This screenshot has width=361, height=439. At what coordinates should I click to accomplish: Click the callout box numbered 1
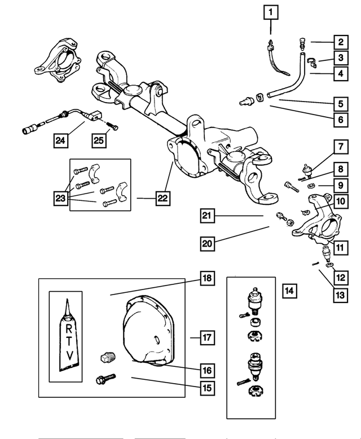(271, 12)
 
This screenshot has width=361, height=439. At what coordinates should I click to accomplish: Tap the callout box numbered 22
(163, 198)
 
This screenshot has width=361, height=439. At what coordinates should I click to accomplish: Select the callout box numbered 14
(289, 291)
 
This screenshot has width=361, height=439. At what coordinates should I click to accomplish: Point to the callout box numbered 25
(99, 141)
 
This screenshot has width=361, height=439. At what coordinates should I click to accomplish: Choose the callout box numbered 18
(208, 278)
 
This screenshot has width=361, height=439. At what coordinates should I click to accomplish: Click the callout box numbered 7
(341, 147)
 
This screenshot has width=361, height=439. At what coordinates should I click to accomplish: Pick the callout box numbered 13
(340, 295)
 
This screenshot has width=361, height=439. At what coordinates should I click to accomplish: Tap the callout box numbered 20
(208, 243)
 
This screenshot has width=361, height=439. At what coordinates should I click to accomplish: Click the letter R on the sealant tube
(69, 328)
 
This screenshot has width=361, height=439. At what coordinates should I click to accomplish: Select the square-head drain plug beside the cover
(108, 358)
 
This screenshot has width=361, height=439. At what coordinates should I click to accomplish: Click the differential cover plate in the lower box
(148, 330)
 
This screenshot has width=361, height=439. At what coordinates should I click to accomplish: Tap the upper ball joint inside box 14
(254, 300)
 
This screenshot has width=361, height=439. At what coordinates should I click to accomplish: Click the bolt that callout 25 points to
(112, 126)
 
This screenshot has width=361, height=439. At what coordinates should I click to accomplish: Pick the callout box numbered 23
(61, 198)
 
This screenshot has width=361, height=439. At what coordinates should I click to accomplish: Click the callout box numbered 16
(208, 370)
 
